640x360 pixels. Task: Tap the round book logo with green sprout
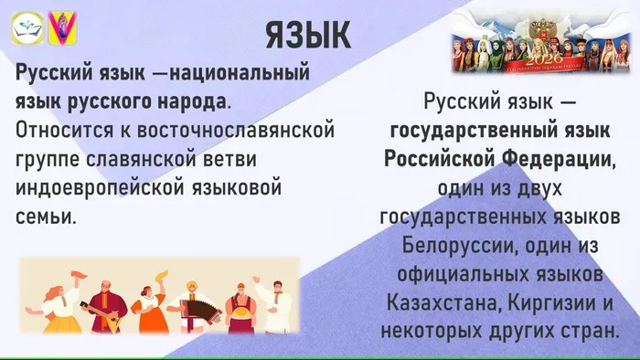25,29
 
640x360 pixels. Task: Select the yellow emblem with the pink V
61,29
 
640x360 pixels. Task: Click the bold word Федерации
559,160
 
